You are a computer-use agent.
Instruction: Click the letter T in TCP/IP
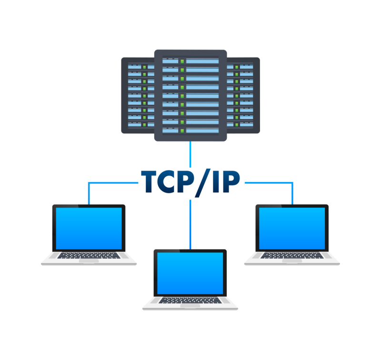[x=149, y=181]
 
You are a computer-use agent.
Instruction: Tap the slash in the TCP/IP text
[x=201, y=182]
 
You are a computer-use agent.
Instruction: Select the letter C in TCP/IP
[x=166, y=181]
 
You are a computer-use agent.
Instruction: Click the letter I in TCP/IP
[x=215, y=181]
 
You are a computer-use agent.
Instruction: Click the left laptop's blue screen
[x=89, y=229]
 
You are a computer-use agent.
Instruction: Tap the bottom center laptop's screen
[x=190, y=273]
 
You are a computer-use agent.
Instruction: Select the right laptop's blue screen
[x=292, y=229]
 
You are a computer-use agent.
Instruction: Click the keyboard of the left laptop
[x=89, y=255]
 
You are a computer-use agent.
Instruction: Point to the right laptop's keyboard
[x=292, y=255]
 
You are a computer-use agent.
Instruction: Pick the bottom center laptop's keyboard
[x=190, y=300]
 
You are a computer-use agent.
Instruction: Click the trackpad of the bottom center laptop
[x=190, y=306]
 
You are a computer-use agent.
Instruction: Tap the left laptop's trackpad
[x=89, y=260]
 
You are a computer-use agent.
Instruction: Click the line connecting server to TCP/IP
[x=190, y=154]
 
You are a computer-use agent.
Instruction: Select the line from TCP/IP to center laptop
[x=190, y=224]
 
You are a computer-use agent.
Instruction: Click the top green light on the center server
[x=182, y=61]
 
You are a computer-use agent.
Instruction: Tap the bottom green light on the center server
[x=182, y=130]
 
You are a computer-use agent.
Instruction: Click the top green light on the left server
[x=144, y=67]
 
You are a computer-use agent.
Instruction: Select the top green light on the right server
[x=236, y=67]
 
